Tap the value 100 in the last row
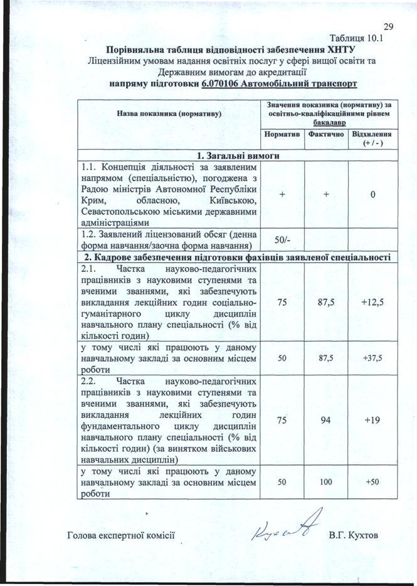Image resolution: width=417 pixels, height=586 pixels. point(325,481)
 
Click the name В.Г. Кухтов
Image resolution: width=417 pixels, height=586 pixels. point(354,535)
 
